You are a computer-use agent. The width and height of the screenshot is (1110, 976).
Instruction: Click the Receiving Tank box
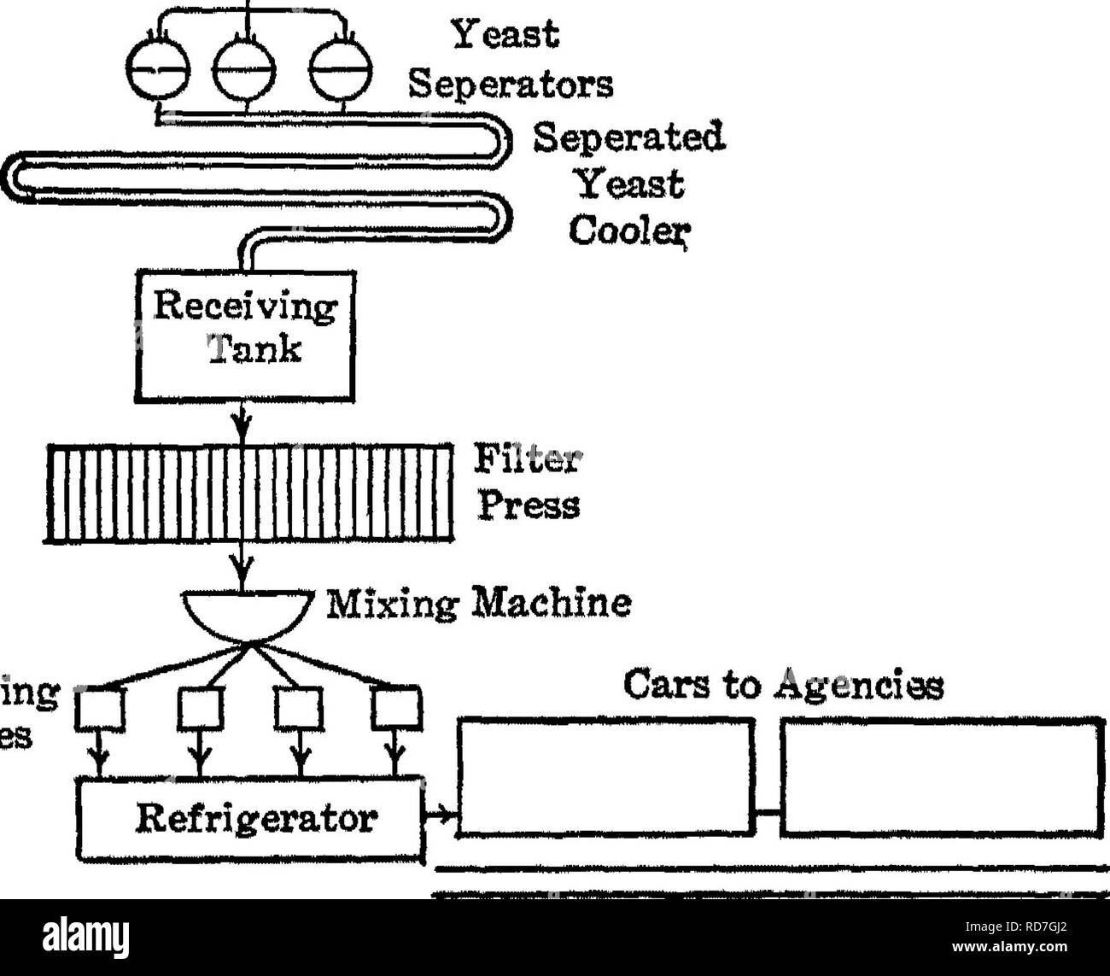coord(247,334)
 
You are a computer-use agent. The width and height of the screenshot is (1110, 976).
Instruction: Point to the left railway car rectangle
coord(607,775)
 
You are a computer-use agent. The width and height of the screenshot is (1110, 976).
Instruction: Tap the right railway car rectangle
coord(938,775)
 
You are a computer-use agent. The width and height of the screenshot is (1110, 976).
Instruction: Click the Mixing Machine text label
coord(479,604)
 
